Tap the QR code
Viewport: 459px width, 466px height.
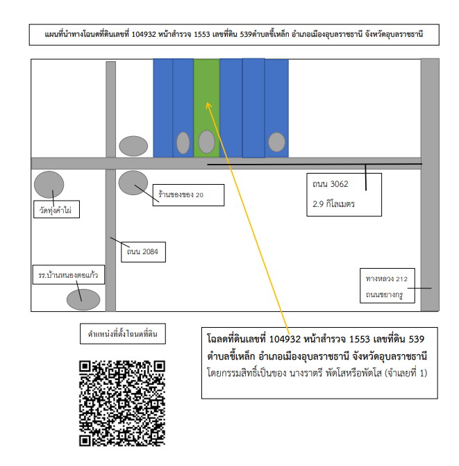pyautogui.click(x=122, y=403)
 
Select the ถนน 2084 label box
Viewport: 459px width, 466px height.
pyautogui.click(x=143, y=252)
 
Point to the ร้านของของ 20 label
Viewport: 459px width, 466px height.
pyautogui.click(x=188, y=195)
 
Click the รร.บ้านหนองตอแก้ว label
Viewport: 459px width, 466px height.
pyautogui.click(x=68, y=274)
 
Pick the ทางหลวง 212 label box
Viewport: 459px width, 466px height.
pyautogui.click(x=387, y=285)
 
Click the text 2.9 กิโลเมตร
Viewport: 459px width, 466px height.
pyautogui.click(x=333, y=204)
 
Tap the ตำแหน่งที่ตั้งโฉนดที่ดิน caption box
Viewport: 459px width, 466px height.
pyautogui.click(x=123, y=334)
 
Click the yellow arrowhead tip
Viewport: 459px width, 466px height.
pyautogui.click(x=207, y=103)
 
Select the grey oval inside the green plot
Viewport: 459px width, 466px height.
pyautogui.click(x=206, y=142)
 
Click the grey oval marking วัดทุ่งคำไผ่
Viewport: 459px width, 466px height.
pyautogui.click(x=49, y=185)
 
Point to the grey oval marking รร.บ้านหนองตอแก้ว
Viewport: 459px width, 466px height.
pyautogui.click(x=83, y=299)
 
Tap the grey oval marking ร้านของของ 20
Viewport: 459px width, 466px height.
pyautogui.click(x=133, y=183)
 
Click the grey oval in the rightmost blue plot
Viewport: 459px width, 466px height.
pyautogui.click(x=276, y=142)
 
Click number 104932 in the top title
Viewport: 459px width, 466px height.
pyautogui.click(x=144, y=35)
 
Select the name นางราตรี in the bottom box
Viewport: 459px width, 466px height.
pyautogui.click(x=306, y=373)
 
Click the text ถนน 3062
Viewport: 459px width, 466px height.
pyautogui.click(x=330, y=184)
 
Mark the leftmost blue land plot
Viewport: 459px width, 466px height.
pyautogui.click(x=162, y=108)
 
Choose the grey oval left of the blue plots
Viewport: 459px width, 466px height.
pyautogui.click(x=133, y=146)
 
